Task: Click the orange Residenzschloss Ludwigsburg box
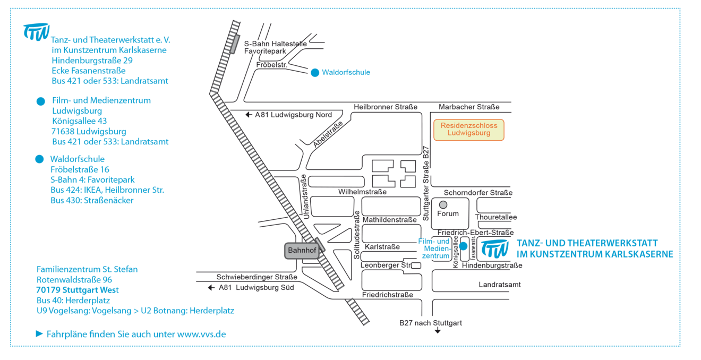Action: point(468,130)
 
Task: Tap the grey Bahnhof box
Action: point(302,250)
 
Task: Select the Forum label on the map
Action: point(447,214)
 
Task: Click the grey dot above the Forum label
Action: point(443,204)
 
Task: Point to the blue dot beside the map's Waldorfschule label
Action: point(315,72)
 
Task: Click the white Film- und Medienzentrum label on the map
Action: point(434,248)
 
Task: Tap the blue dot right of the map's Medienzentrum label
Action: point(463,246)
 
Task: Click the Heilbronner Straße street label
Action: point(386,107)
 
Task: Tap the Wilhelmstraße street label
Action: point(362,192)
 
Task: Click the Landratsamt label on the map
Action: point(499,285)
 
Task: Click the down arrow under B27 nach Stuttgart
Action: point(438,332)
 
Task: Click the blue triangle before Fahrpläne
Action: point(39,334)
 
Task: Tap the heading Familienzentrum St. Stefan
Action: point(87,269)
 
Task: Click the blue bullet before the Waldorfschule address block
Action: point(39,159)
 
